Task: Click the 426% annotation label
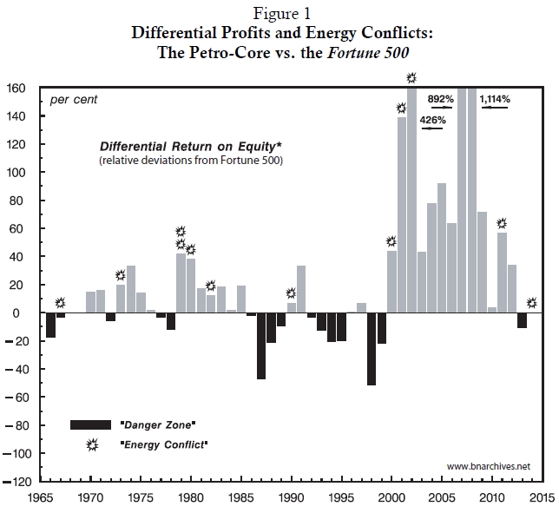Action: [432, 120]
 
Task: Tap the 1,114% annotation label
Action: [495, 100]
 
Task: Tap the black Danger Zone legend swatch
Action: [91, 424]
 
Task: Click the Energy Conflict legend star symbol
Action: [91, 444]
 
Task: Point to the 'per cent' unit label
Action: [73, 100]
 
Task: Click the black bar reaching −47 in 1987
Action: [261, 345]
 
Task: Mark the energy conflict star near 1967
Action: [60, 303]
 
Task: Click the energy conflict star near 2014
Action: [531, 303]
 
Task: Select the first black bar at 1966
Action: [50, 326]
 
